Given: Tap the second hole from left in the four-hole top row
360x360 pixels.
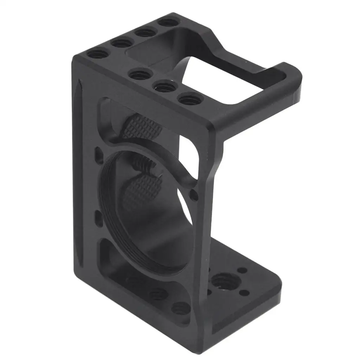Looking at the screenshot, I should pos(122,43).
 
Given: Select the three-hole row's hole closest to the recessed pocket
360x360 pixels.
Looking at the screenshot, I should pos(140,75).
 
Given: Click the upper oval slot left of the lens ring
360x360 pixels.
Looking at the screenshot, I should pos(97,155).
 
